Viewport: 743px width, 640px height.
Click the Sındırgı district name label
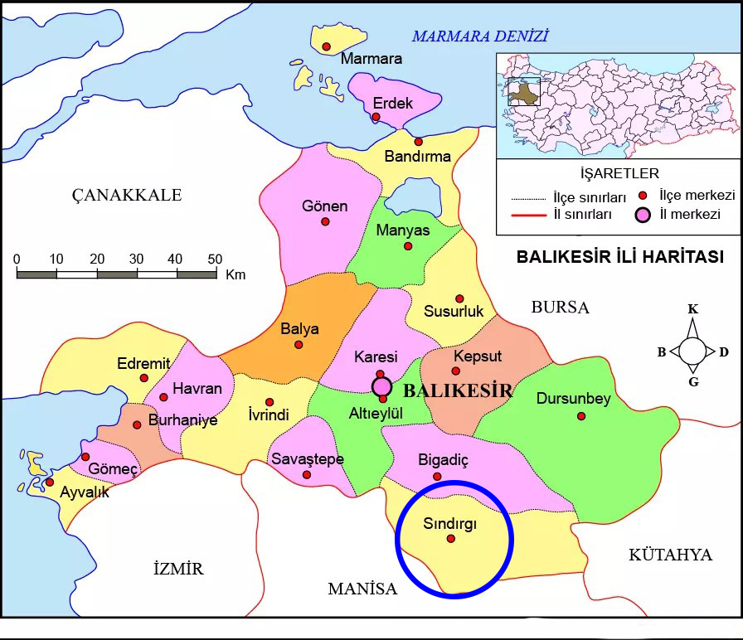(x=450, y=523)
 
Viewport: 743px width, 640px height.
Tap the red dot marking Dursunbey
(x=581, y=415)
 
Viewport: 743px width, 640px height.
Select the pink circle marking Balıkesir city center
(x=381, y=385)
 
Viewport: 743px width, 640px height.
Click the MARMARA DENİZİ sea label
(x=480, y=36)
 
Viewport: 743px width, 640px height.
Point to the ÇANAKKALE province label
(x=126, y=195)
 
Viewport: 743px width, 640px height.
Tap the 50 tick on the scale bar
(x=214, y=259)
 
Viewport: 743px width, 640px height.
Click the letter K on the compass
(x=693, y=310)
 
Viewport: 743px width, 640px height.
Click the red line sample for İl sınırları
(x=527, y=215)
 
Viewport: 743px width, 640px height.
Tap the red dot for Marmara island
(x=327, y=46)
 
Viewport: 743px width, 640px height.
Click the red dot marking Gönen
(x=325, y=221)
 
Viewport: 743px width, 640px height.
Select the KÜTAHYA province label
(x=670, y=555)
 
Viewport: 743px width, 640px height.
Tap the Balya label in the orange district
(x=299, y=328)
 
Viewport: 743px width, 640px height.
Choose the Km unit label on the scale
(x=236, y=274)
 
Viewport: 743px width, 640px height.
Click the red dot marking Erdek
(x=376, y=117)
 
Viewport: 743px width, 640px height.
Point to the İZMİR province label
(x=178, y=569)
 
